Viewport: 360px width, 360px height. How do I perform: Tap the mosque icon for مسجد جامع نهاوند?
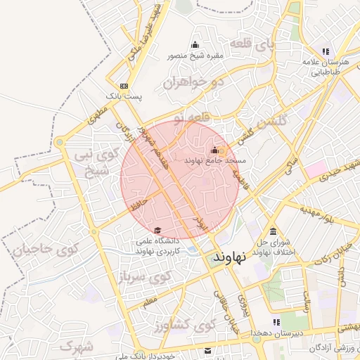tap(215, 150)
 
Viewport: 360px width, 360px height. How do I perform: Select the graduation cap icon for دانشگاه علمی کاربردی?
tap(157, 231)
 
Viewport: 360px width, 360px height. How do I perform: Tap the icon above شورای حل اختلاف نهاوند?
tap(273, 233)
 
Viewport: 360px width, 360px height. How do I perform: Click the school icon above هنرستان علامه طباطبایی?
tap(325, 51)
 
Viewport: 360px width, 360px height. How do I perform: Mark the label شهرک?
tap(77, 346)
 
